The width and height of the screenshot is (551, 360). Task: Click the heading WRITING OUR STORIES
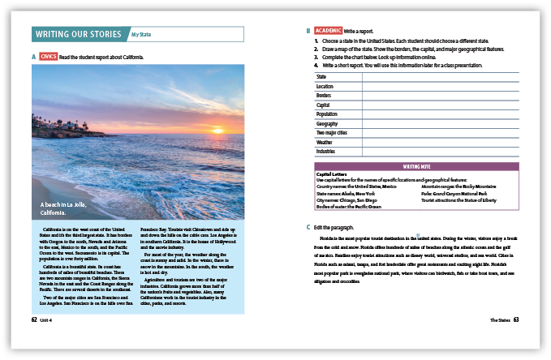coord(80,34)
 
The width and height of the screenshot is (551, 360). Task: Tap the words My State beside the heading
coord(141,35)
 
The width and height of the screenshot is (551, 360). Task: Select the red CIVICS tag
coord(47,57)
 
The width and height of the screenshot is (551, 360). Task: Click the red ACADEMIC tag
coord(328,31)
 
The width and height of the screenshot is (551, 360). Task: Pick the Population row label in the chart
coord(327,114)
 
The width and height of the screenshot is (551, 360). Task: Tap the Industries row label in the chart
coord(325,151)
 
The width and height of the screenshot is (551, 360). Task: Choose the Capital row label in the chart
coord(323,105)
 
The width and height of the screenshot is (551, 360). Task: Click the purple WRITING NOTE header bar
coord(416,165)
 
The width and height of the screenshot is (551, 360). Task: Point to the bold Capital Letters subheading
coord(331,173)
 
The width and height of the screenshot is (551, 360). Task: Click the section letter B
coord(308,31)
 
